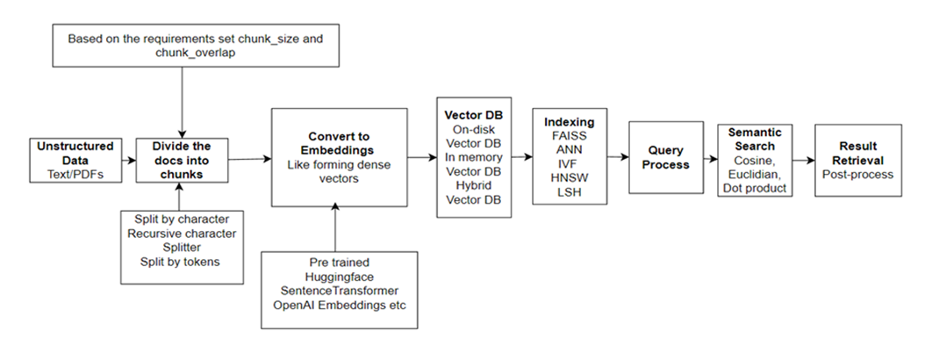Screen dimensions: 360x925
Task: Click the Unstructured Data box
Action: [x=75, y=160]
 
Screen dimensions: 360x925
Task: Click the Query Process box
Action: [x=666, y=157]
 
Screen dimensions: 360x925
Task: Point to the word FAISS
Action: [x=569, y=136]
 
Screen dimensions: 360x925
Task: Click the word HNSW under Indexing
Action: [x=569, y=178]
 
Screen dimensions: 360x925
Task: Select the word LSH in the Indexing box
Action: [x=569, y=192]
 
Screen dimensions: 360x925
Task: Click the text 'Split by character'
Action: [x=183, y=219]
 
